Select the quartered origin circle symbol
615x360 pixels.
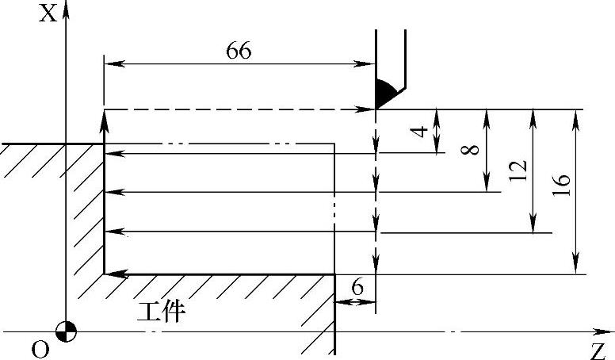pos(67,331)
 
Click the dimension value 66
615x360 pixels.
pos(239,51)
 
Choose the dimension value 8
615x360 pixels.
pos(474,149)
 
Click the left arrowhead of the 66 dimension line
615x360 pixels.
pos(109,63)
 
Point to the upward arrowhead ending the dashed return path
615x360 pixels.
pos(105,117)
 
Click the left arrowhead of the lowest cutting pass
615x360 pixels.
pos(111,274)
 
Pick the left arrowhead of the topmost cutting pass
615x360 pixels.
pos(111,153)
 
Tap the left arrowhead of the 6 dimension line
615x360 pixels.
pos(340,302)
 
